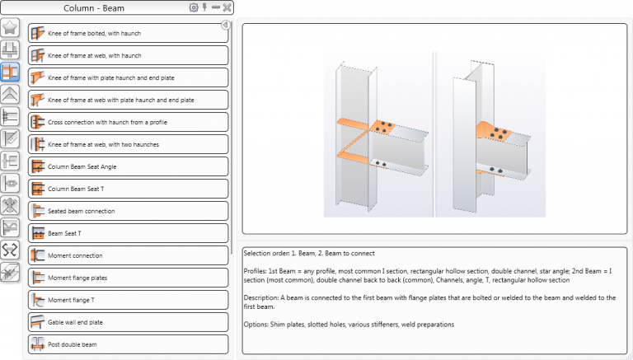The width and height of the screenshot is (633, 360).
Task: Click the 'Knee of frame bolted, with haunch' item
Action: tap(128, 33)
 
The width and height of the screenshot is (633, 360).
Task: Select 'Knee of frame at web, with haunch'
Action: tap(128, 55)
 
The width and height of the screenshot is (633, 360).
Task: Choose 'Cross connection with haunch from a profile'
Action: tap(128, 122)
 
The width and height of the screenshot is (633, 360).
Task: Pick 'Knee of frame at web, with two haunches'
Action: tap(128, 144)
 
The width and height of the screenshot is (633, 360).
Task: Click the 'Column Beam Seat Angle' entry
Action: tap(128, 166)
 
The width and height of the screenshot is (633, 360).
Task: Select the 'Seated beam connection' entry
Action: tap(128, 211)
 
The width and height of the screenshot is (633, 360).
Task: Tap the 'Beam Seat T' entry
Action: tap(128, 233)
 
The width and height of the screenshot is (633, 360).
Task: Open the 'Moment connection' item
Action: tap(128, 255)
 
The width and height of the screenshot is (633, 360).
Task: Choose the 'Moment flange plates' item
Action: tap(128, 278)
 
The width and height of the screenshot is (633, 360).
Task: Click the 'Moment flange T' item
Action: tap(128, 300)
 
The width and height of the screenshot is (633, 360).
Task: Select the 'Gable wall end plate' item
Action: tap(128, 322)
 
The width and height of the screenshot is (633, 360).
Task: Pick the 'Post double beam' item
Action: tap(128, 344)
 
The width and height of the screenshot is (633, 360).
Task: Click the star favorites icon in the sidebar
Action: tap(11, 27)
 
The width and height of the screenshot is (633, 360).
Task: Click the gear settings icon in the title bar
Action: tap(194, 7)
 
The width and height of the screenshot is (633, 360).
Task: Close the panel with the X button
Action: tap(227, 7)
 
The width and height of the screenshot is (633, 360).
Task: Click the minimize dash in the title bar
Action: tap(215, 7)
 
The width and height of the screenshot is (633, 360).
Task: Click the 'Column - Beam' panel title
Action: tap(95, 8)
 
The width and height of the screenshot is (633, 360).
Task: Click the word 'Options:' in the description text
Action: tap(259, 324)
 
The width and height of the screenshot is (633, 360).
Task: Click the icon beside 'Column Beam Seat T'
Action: tap(37, 189)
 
